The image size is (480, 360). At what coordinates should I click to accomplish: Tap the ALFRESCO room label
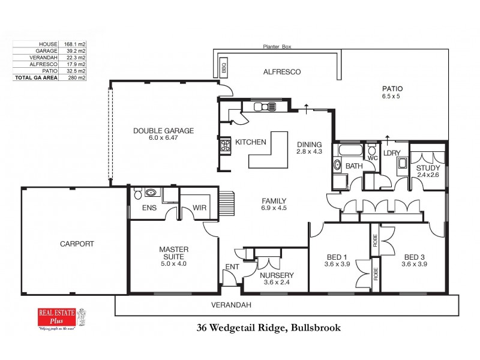[282, 72]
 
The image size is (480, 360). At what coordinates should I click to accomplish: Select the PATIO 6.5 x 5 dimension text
[391, 96]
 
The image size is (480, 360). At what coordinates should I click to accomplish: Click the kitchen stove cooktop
[226, 145]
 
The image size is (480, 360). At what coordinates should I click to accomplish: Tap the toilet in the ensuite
[139, 194]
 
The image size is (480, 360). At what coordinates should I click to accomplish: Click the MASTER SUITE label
[174, 253]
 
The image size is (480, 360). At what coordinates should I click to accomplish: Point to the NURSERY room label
[276, 277]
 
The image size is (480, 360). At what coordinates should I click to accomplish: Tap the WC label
[372, 158]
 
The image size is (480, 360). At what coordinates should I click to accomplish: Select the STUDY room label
[428, 168]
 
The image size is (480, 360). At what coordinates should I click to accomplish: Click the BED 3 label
[415, 256]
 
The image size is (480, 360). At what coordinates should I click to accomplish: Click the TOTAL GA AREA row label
[36, 77]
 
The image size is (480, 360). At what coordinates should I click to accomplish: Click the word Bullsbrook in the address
[313, 328]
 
